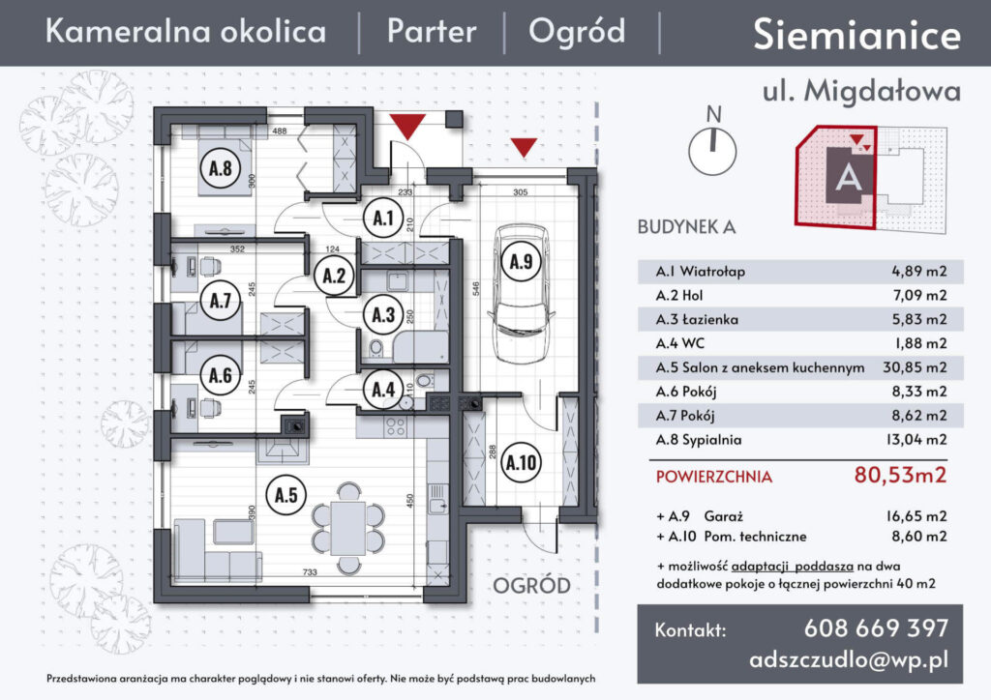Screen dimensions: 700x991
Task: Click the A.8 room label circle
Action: tap(220, 169)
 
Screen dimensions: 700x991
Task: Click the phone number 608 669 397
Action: tap(876, 628)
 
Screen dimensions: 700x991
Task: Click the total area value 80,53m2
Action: tap(899, 475)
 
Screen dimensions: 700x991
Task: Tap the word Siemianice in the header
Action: tap(856, 35)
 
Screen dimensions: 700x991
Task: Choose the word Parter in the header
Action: tap(432, 32)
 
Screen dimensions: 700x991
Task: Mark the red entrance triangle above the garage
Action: tap(525, 147)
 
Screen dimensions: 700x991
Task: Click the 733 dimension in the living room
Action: tap(309, 573)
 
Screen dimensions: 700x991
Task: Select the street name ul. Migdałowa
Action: tap(861, 91)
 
